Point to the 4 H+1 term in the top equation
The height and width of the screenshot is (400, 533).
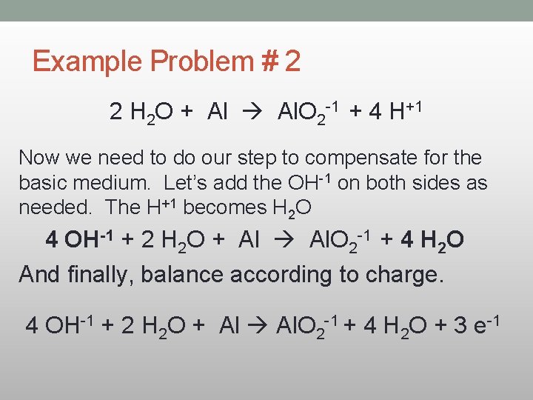point(395,113)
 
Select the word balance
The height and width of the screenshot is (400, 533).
point(186,274)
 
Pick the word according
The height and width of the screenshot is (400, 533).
point(292,274)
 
